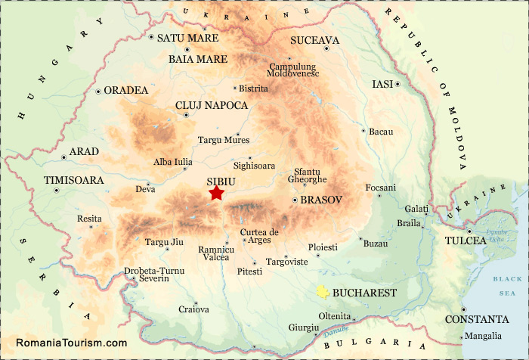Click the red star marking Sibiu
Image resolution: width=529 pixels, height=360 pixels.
(x=217, y=194)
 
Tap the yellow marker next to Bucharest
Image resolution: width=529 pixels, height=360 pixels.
(x=323, y=292)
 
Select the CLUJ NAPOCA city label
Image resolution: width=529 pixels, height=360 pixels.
(x=211, y=105)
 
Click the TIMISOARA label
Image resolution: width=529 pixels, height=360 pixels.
(x=73, y=181)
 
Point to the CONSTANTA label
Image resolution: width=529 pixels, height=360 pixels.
(x=476, y=319)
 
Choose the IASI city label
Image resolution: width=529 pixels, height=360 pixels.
(x=382, y=84)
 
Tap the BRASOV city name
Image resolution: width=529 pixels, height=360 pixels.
(x=321, y=200)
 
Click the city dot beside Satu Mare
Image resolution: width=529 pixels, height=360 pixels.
(x=152, y=37)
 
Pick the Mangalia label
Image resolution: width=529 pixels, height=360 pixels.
(x=483, y=336)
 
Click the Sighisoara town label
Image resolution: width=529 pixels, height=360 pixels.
(x=254, y=165)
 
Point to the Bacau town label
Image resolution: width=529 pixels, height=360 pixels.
(x=381, y=132)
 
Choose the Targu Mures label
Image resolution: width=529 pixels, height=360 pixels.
(x=223, y=140)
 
